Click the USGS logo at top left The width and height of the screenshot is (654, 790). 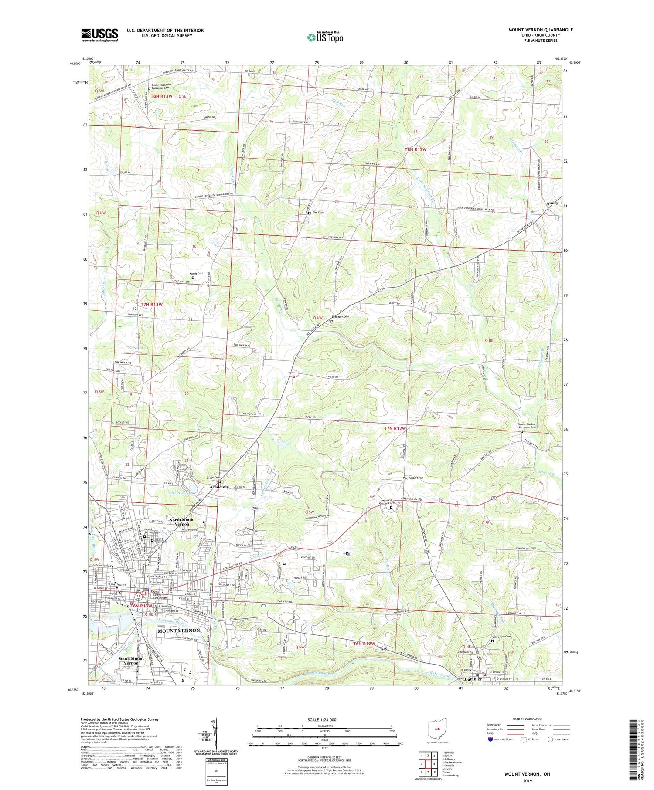coord(99,35)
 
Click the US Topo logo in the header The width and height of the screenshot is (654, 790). coord(325,37)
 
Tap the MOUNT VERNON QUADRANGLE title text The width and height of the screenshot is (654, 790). coord(540,30)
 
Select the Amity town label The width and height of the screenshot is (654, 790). coord(552,203)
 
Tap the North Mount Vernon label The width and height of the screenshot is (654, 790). coord(182,522)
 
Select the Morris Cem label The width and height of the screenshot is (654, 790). coord(197,273)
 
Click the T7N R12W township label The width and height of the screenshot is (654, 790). coord(395,428)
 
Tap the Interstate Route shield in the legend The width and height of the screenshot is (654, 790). coord(490,739)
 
